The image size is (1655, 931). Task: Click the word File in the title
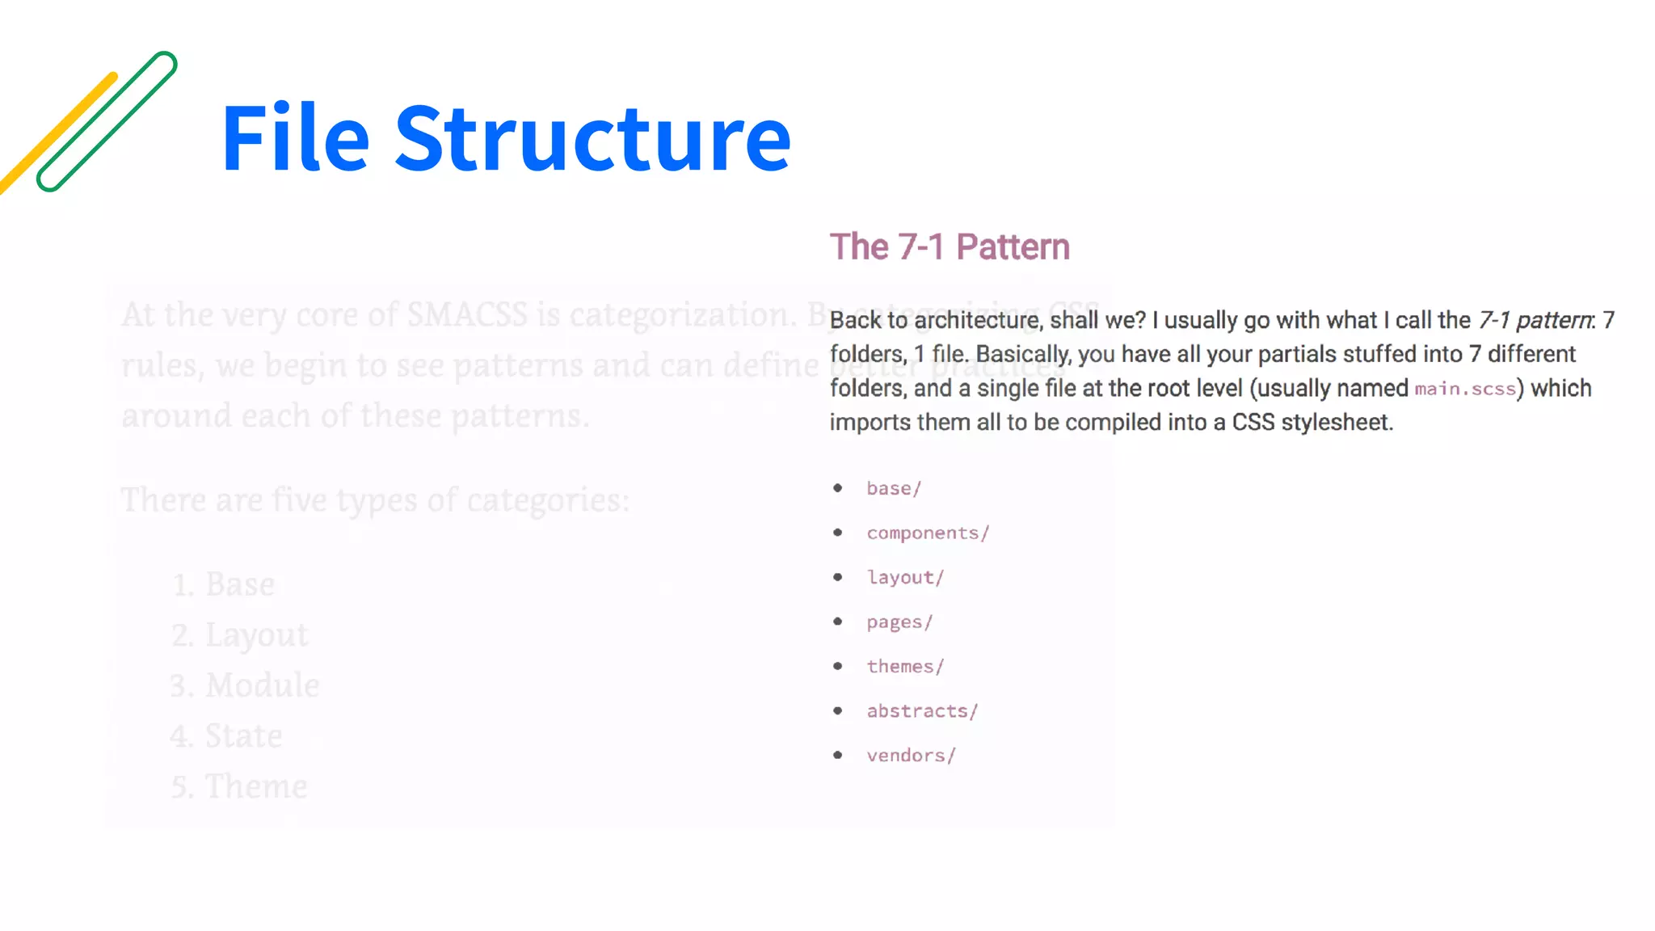(295, 139)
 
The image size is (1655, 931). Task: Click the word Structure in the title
(592, 139)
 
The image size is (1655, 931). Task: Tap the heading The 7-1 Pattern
(950, 247)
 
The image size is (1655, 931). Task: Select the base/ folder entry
(894, 488)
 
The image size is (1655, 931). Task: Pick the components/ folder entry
(928, 533)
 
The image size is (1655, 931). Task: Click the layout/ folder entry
(905, 577)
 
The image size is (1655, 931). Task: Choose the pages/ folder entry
(899, 621)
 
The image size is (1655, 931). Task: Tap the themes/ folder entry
(905, 666)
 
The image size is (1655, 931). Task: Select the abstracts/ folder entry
(922, 710)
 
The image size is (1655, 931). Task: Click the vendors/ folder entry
(911, 755)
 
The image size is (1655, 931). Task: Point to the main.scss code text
(1464, 389)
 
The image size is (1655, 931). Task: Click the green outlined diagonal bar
(107, 121)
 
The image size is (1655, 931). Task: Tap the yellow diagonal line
(57, 133)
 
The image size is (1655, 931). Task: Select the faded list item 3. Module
(245, 685)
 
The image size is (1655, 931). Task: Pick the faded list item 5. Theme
(239, 786)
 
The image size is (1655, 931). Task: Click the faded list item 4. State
(226, 735)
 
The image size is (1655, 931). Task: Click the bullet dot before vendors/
(838, 755)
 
